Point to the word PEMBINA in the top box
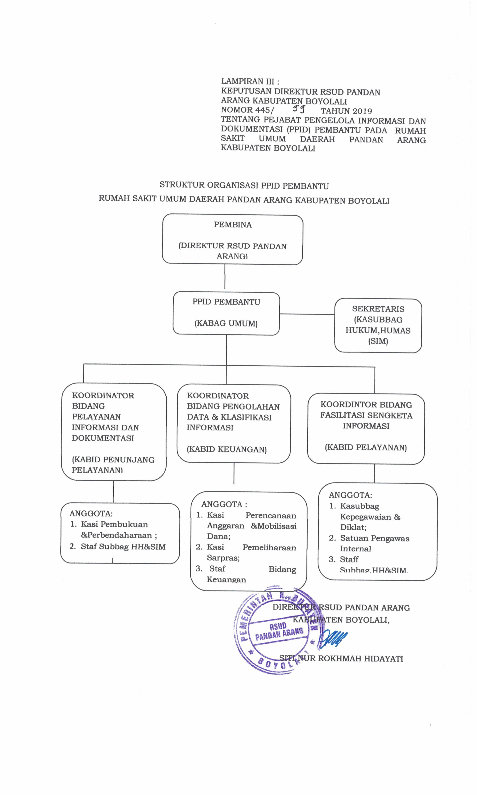(x=233, y=225)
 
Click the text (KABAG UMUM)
(x=226, y=323)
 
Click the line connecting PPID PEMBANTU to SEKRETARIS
(x=307, y=314)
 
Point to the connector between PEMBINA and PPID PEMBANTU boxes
(x=225, y=277)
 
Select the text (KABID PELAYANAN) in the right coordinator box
(x=366, y=447)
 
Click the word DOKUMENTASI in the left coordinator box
(x=103, y=438)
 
